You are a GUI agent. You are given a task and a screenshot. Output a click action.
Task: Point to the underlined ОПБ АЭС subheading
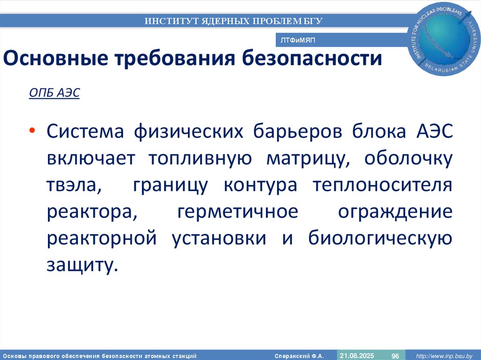click(54, 93)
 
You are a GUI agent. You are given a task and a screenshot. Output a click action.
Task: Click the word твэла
click(73, 185)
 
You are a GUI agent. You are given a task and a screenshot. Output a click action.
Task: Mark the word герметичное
click(238, 212)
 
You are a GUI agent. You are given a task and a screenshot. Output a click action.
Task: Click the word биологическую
click(380, 238)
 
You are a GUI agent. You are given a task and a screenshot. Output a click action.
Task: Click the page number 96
click(395, 356)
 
